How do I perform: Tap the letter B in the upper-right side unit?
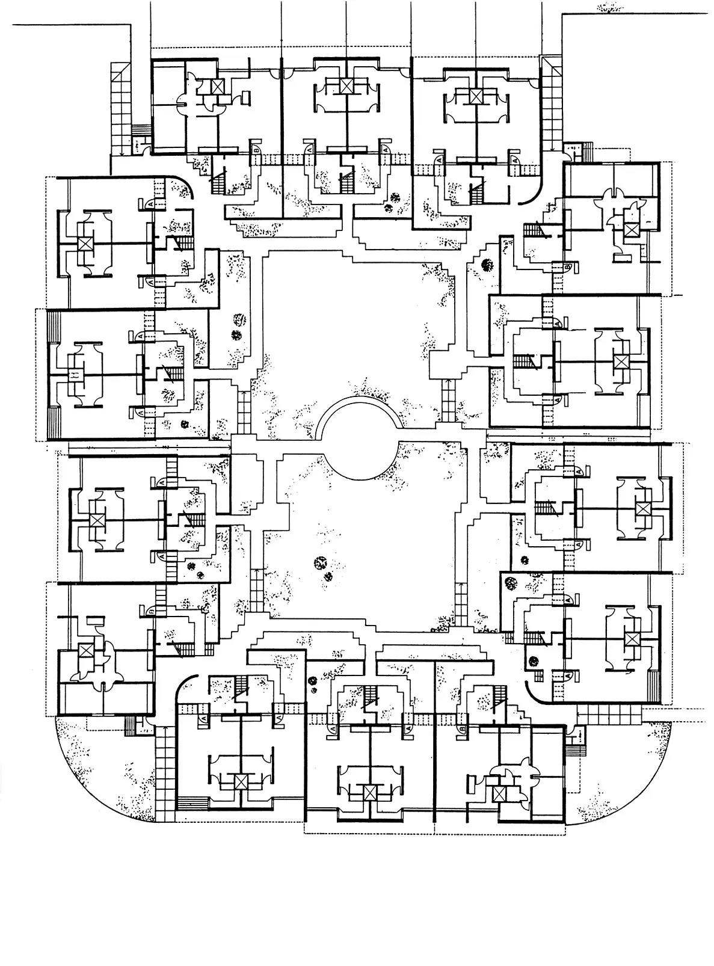click(x=568, y=266)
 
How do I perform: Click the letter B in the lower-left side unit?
click(x=150, y=611)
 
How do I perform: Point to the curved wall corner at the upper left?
click(x=183, y=183)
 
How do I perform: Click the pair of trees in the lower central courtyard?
click(x=323, y=569)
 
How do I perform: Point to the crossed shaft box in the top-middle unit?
click(x=346, y=86)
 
